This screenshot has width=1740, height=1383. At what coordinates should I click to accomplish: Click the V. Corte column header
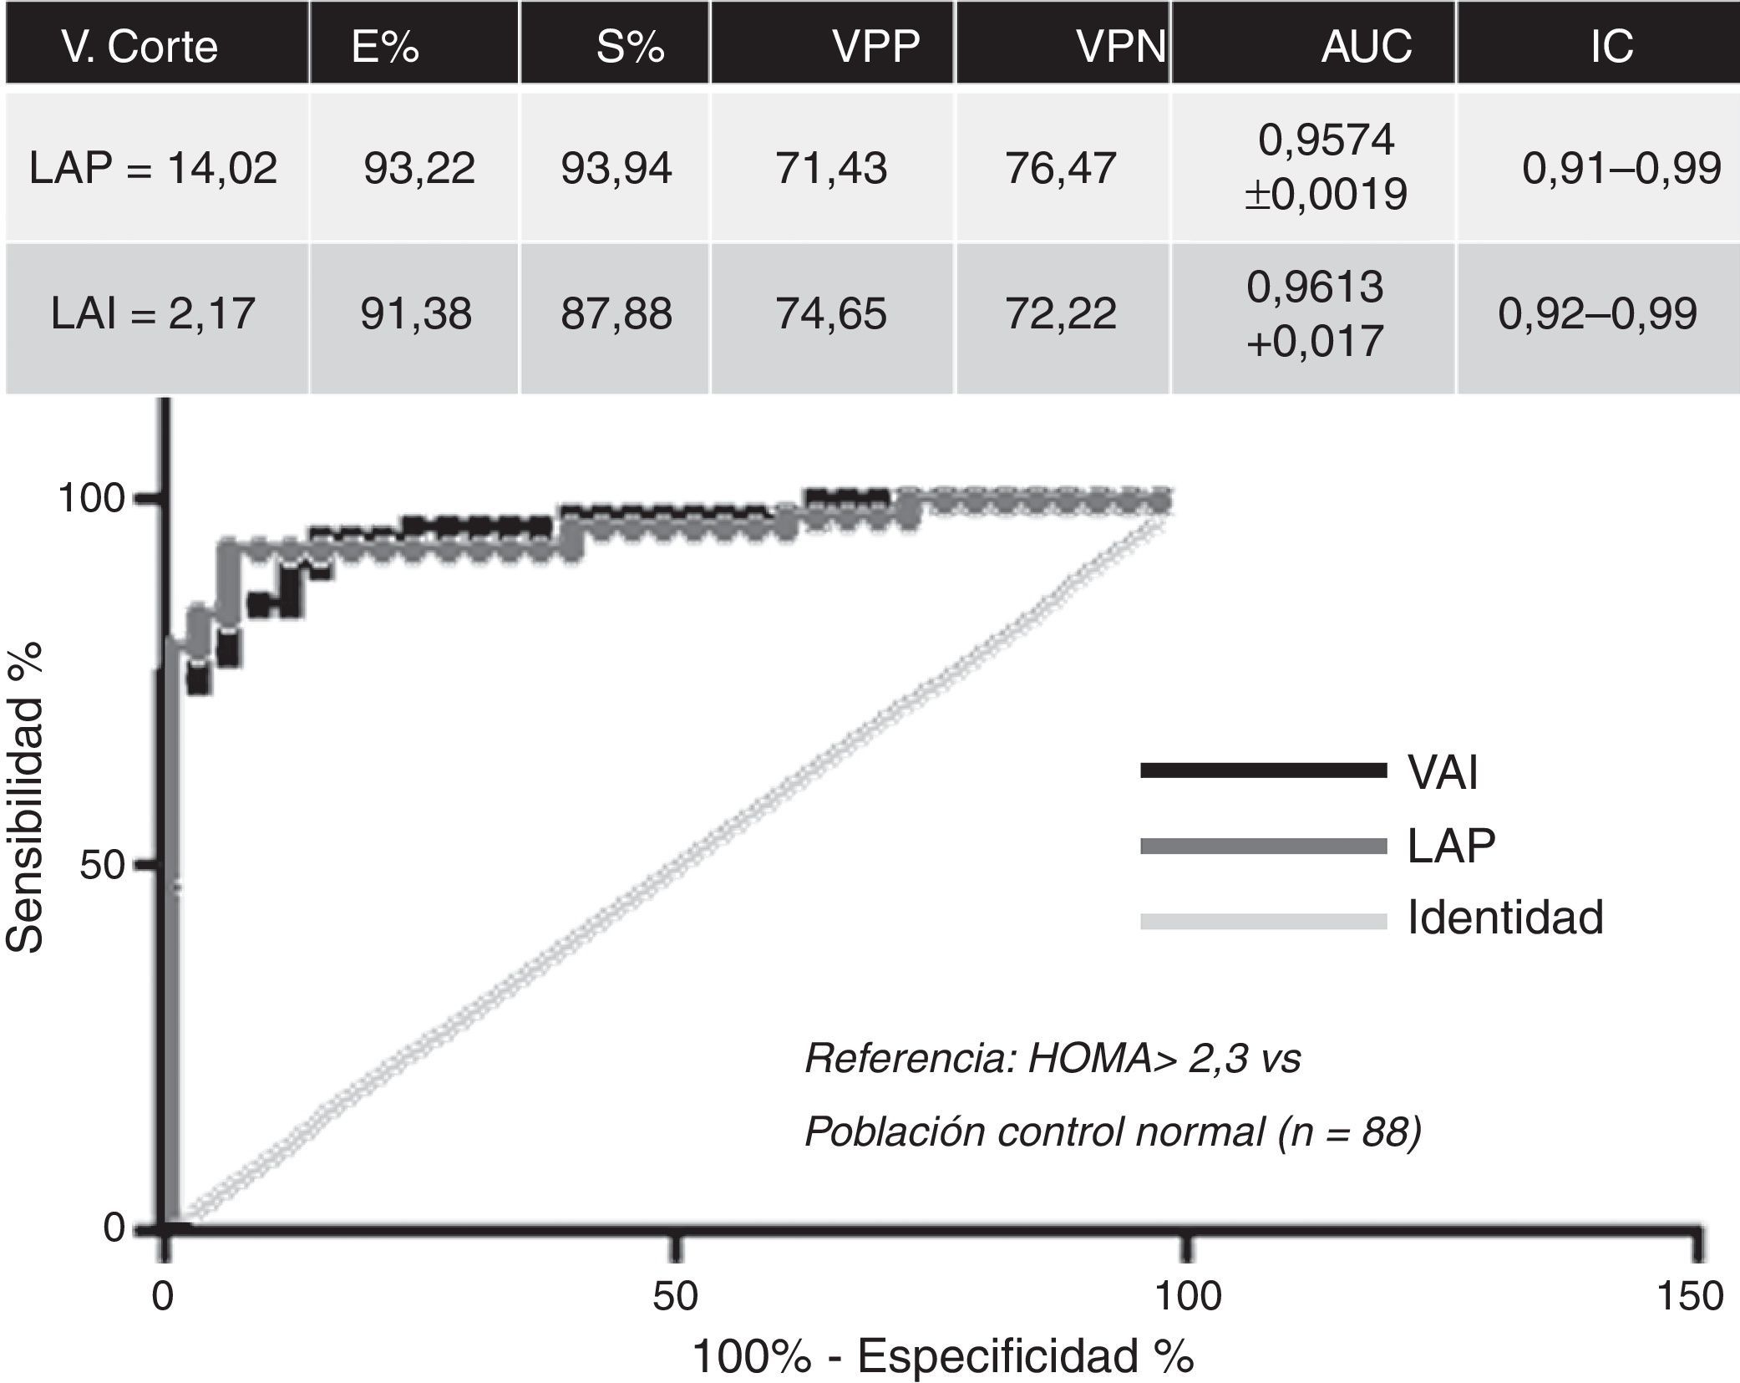point(140,46)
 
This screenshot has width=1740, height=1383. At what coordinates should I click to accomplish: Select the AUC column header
point(1366,46)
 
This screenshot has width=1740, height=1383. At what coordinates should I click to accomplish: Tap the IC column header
point(1611,46)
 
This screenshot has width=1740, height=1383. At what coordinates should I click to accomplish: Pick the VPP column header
point(875,46)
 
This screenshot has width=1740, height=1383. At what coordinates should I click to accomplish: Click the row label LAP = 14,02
point(153,169)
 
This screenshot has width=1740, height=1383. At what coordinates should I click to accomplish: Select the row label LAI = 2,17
point(153,314)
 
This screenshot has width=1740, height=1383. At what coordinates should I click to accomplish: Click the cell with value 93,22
point(419,169)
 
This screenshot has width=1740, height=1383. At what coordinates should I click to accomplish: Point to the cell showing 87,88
point(616,314)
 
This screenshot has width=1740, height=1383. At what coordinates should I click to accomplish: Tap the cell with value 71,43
point(831,169)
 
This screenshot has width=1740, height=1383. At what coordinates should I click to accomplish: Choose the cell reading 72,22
point(1061,314)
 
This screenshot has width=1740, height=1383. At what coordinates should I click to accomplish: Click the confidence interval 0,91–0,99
point(1621,169)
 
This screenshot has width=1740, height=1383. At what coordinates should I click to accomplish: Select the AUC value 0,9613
point(1315,287)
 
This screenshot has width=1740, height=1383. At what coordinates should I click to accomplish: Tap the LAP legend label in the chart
point(1451,846)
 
